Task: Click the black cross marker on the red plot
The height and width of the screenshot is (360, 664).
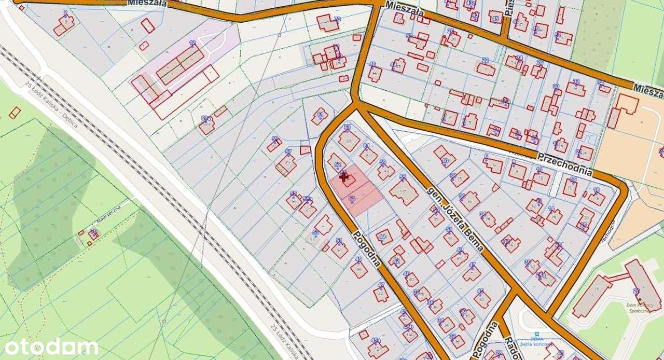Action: tap(343, 177)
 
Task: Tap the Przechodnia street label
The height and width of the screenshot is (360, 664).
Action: tap(564, 163)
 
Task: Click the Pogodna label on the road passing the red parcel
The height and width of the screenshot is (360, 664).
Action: tap(367, 247)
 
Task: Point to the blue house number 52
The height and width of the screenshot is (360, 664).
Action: tap(338, 165)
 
